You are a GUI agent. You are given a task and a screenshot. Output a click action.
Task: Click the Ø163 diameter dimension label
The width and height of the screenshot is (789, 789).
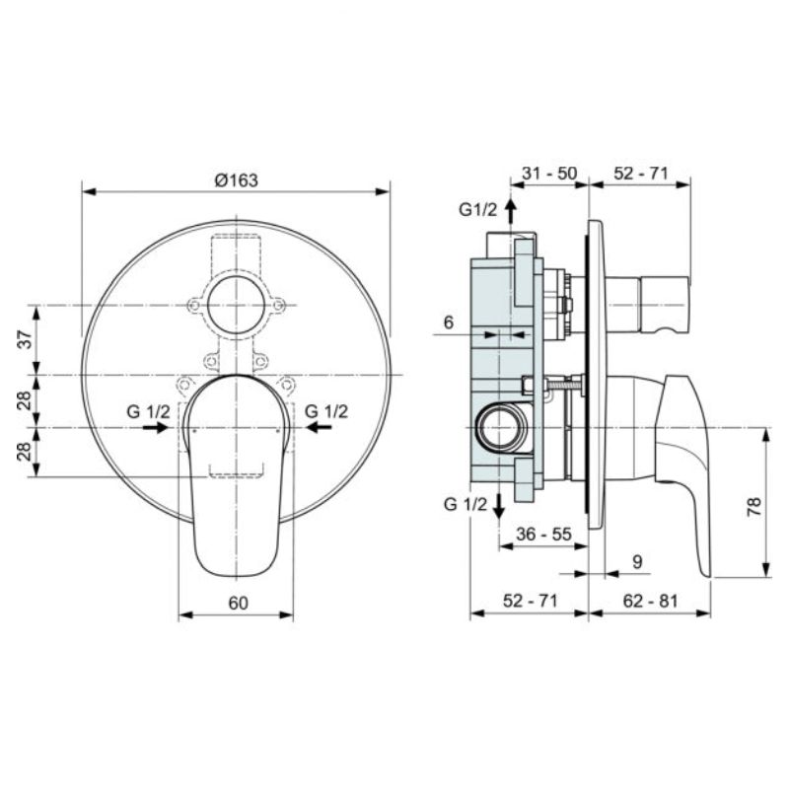point(236,179)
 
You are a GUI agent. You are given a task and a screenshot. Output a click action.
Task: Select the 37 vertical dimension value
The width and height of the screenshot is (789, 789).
point(27,339)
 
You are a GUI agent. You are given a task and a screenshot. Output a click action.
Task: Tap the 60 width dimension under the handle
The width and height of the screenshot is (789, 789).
point(238,603)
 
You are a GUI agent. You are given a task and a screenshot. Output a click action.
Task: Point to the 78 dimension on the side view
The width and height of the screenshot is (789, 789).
point(754,507)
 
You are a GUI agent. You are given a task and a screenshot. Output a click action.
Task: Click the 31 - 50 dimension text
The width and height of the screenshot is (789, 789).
point(549,174)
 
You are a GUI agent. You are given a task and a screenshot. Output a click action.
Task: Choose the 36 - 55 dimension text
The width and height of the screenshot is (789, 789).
point(544,534)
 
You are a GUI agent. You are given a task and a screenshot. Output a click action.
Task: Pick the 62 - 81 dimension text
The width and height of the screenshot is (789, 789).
point(650,601)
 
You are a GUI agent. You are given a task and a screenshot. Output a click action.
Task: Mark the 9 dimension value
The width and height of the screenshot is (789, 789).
point(636,561)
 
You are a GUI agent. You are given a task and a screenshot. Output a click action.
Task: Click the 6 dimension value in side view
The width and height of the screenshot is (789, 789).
point(449,323)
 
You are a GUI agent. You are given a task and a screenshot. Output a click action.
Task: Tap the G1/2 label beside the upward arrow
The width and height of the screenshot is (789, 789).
point(477,209)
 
